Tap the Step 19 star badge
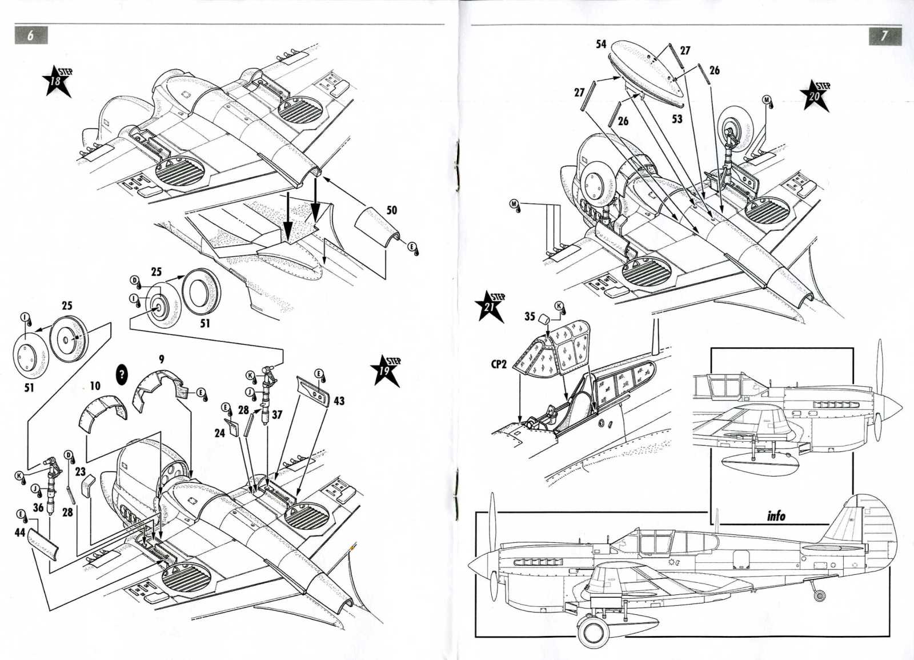(x=386, y=370)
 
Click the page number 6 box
(x=31, y=35)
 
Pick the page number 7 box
(x=885, y=35)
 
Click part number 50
(x=391, y=210)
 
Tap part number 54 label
(x=601, y=44)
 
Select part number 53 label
(x=677, y=119)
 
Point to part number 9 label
(x=162, y=359)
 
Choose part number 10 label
(x=95, y=386)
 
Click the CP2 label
(x=499, y=364)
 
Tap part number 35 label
(x=530, y=317)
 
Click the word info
(x=776, y=516)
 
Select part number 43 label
(x=339, y=401)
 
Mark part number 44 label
(x=19, y=532)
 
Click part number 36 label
(x=38, y=508)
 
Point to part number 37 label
(x=277, y=415)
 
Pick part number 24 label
(x=220, y=433)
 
